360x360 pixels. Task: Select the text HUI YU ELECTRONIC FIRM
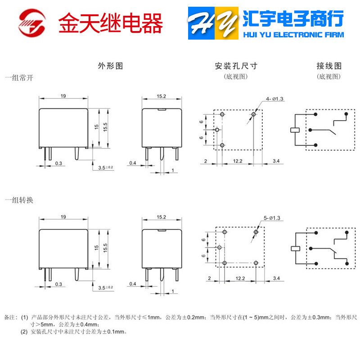pos(293,35)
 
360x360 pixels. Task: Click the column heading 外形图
pos(110,66)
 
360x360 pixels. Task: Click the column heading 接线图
pos(329,66)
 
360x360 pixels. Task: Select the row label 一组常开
pos(19,77)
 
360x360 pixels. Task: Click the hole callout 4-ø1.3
pos(274,99)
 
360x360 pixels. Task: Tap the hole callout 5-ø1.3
pos(272,218)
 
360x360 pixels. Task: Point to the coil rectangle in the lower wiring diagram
pos(296,248)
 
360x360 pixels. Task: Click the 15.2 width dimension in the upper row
pos(162,96)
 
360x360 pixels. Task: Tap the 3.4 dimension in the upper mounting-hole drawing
pos(276,161)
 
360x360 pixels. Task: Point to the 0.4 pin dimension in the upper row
pos(133,162)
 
